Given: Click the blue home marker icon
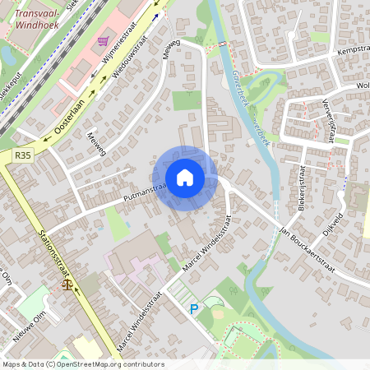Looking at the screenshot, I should (x=185, y=178).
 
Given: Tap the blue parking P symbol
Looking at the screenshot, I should (x=194, y=309).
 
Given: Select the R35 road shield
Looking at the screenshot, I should (x=22, y=155).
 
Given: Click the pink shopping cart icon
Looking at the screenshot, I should (x=103, y=41).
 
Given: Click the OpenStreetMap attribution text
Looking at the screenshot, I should (x=82, y=364).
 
